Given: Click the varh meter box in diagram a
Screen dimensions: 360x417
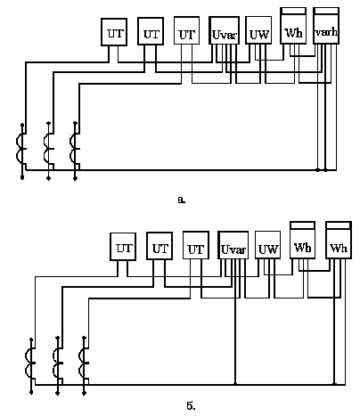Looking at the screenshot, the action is [x=326, y=26].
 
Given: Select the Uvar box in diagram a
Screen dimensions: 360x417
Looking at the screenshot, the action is [x=225, y=30].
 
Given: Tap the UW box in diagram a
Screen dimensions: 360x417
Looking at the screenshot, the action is [x=258, y=30].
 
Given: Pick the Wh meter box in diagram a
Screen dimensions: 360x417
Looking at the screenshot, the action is [x=293, y=26].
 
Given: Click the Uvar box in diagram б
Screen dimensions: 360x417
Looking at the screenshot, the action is [x=233, y=245].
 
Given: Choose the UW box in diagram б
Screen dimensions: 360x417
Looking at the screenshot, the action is [x=268, y=245].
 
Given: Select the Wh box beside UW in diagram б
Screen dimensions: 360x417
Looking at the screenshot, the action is [x=302, y=240].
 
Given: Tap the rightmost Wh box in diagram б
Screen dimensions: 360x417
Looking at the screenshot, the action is [x=339, y=240].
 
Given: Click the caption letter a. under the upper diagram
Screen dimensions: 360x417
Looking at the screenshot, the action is [x=182, y=200].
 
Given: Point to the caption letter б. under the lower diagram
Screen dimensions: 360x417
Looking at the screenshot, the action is [x=191, y=405].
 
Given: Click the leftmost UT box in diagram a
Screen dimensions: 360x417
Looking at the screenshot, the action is [x=114, y=32].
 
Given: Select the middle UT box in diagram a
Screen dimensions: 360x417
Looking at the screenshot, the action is [x=151, y=31].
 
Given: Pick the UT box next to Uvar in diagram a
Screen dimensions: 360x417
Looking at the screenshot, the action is [x=186, y=30].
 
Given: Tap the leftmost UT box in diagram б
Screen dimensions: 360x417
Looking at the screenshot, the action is [x=123, y=247].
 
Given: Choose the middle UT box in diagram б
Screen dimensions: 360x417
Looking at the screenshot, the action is [x=160, y=246].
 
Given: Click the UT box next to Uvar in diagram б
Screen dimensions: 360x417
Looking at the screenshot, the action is [x=196, y=245].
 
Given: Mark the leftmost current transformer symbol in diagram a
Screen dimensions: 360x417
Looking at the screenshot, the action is [x=22, y=151].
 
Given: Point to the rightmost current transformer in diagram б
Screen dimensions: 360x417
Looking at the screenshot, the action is [x=84, y=365].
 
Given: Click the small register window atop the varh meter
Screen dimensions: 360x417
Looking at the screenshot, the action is [x=326, y=11].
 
